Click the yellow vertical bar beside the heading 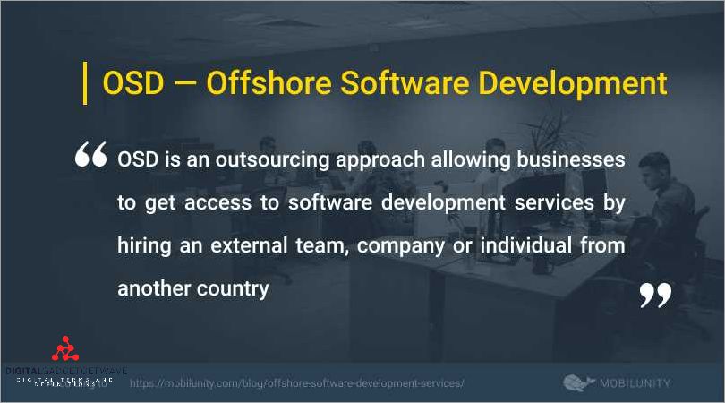pos(85,83)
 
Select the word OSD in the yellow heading pos(133,83)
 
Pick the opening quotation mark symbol pos(91,157)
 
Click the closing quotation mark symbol pos(654,296)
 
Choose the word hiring pos(145,244)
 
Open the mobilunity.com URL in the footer pos(297,383)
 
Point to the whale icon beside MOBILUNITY pos(580,382)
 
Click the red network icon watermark pos(64,348)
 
